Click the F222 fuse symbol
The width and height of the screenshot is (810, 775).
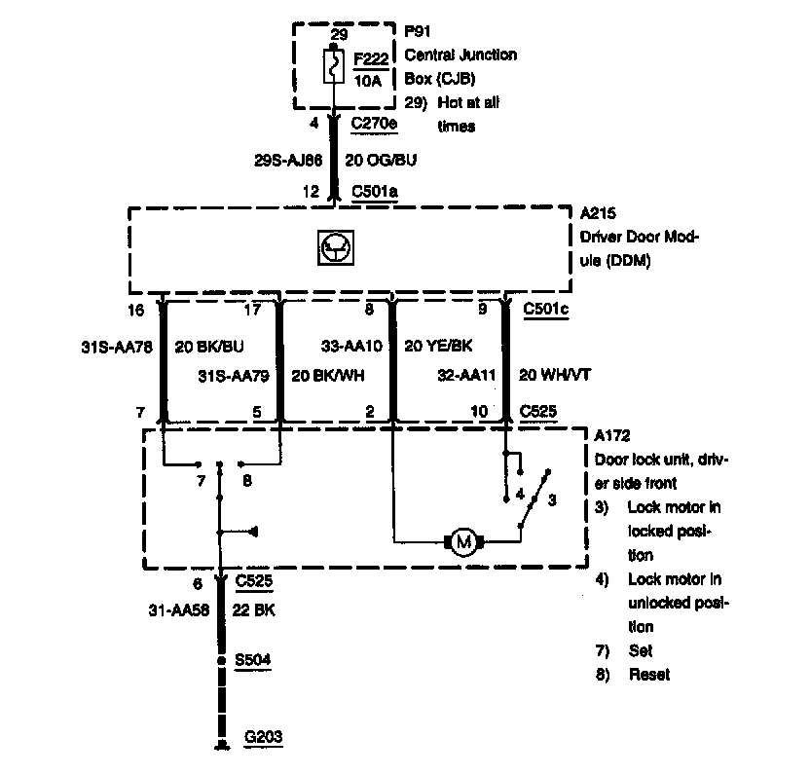(334, 67)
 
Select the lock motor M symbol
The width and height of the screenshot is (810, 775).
(464, 540)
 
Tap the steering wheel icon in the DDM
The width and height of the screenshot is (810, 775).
(333, 250)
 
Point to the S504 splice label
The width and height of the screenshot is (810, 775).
(252, 659)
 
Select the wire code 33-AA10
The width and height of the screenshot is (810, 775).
(351, 344)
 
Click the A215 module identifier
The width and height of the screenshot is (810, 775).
(598, 211)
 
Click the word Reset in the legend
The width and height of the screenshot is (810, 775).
(648, 674)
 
